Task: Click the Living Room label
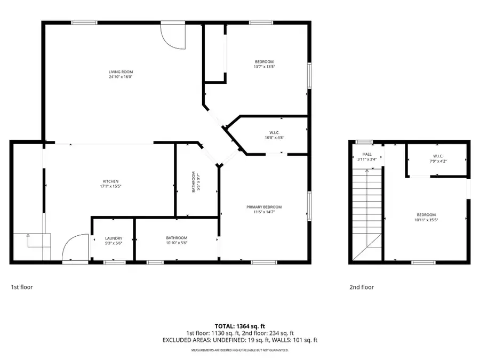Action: coord(121,71)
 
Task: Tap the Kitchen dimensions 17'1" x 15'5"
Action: coord(110,187)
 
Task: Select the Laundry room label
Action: coord(114,238)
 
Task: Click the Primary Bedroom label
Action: coord(264,207)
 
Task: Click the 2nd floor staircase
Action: coord(367,213)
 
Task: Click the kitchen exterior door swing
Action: coord(75,248)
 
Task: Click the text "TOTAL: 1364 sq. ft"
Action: coord(239,326)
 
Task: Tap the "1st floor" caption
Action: coord(22,287)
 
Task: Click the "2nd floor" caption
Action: coord(362,287)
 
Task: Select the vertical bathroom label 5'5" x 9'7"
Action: coord(197,181)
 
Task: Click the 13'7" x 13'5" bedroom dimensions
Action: coord(263,67)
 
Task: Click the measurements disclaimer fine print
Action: coord(239,350)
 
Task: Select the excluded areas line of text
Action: coord(239,340)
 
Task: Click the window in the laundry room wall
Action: coord(114,262)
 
